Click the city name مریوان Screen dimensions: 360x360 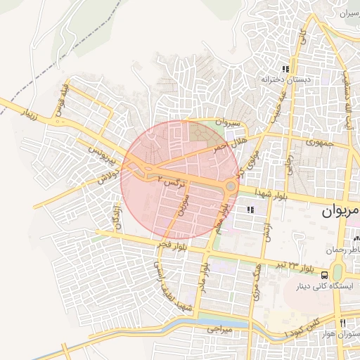pyautogui.click(x=341, y=210)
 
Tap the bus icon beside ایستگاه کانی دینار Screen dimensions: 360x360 pyautogui.click(x=326, y=275)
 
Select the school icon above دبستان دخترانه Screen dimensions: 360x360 pyautogui.click(x=285, y=69)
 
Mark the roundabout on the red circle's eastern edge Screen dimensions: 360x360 pyautogui.click(x=231, y=187)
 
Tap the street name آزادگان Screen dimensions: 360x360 pyautogui.click(x=117, y=215)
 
